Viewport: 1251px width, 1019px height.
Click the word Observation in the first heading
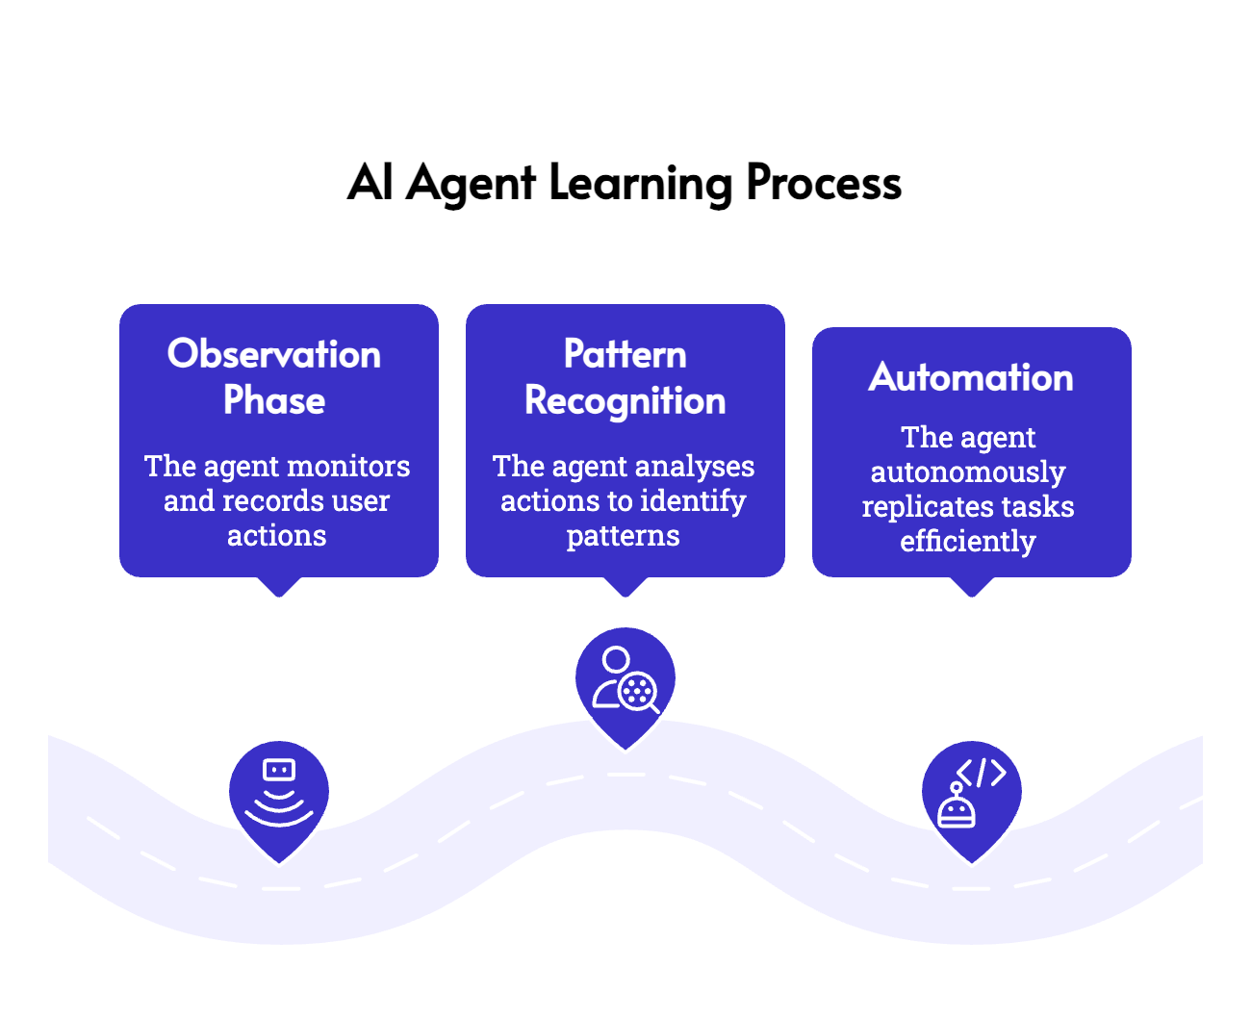coord(274,354)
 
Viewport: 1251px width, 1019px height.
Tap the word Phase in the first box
coord(274,400)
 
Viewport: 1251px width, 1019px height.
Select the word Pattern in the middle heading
coord(625,354)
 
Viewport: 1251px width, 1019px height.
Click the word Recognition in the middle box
coord(625,400)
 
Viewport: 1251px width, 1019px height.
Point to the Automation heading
coord(971,377)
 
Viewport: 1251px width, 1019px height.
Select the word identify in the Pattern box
coord(693,501)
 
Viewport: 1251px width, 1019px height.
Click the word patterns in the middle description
coord(623,536)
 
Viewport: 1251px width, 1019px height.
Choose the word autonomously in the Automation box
coord(968,472)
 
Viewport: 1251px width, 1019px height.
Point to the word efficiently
coord(968,542)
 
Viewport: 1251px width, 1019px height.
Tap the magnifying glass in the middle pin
coord(638,691)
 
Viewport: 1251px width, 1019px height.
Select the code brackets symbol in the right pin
coord(982,773)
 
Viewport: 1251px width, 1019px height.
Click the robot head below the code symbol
coord(957,811)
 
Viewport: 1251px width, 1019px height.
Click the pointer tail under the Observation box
coord(279,589)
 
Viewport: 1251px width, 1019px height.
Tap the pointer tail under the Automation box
coord(972,589)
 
